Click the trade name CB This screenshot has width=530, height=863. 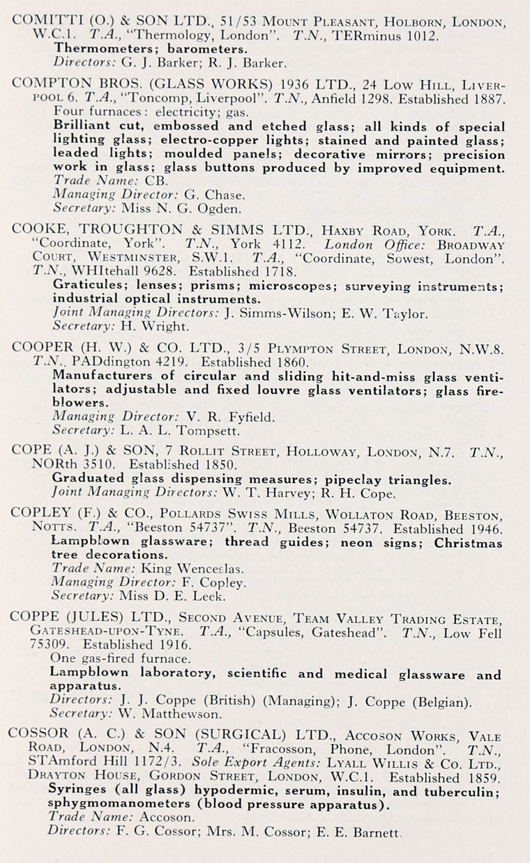pyautogui.click(x=153, y=181)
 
